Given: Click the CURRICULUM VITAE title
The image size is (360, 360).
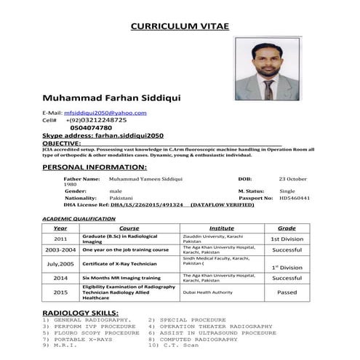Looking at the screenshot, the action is click(x=179, y=26).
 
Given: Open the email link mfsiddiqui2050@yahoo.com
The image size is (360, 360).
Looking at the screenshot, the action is click(x=105, y=113).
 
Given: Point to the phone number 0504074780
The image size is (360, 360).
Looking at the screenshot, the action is click(x=91, y=128).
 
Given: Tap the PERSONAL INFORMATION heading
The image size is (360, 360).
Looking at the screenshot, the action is click(x=95, y=167).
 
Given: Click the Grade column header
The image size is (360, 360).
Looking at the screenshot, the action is click(x=287, y=228).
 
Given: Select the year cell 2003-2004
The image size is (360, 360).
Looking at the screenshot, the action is click(x=60, y=249).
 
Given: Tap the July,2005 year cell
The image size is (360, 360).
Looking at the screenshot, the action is click(x=60, y=263).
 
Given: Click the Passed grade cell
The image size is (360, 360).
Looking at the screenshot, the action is click(x=287, y=292).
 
